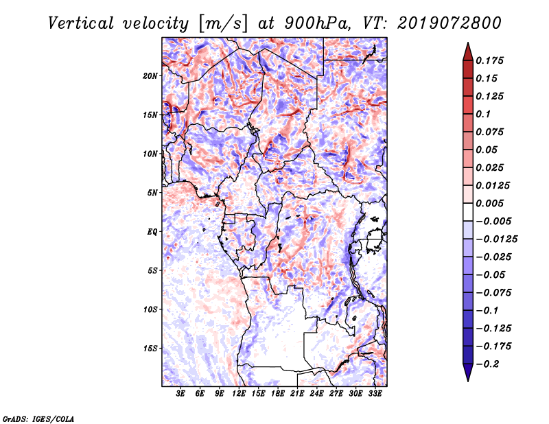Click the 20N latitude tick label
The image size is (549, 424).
pyautogui.click(x=151, y=75)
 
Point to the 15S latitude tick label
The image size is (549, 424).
pyautogui.click(x=151, y=348)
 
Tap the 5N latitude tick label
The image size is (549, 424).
pyautogui.click(x=154, y=192)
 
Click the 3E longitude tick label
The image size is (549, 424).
pyautogui.click(x=181, y=394)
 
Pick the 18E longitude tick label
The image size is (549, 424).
pyautogui.click(x=278, y=394)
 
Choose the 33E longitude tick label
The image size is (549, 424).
pyautogui.click(x=375, y=394)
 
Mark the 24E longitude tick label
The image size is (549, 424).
pyautogui.click(x=317, y=394)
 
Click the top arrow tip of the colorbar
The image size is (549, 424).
pyautogui.click(x=467, y=44)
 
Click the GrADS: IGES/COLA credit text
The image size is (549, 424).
pyautogui.click(x=38, y=418)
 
